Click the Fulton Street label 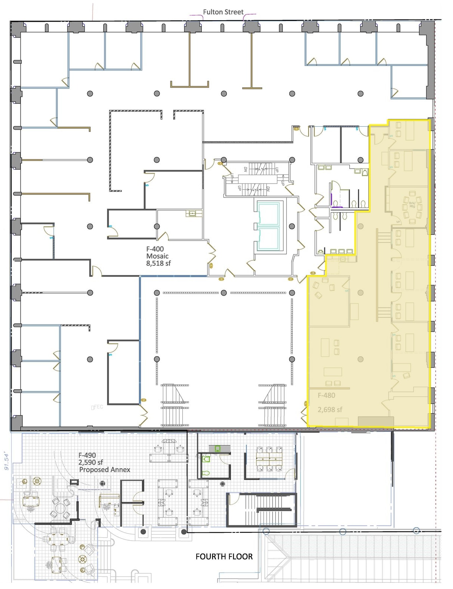223,12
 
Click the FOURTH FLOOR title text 224,556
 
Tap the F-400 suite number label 155,249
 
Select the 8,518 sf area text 158,263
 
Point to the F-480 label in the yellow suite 326,395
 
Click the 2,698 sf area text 329,410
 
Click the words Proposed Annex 104,469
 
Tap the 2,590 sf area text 91,462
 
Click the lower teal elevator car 268,239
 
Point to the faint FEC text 97,407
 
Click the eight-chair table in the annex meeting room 269,458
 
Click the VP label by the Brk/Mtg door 398,222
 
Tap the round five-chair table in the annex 60,509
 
